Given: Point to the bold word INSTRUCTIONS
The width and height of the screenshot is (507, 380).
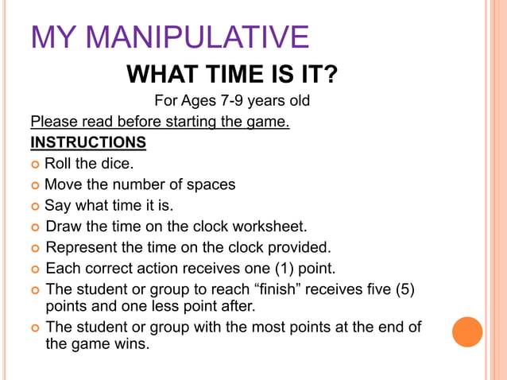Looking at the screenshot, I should click(88, 143).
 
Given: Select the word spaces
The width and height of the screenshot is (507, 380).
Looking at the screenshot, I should click(210, 185).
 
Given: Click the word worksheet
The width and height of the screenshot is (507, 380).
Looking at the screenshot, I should click(269, 227).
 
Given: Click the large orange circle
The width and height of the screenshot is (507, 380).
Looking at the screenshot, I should click(467, 332).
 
